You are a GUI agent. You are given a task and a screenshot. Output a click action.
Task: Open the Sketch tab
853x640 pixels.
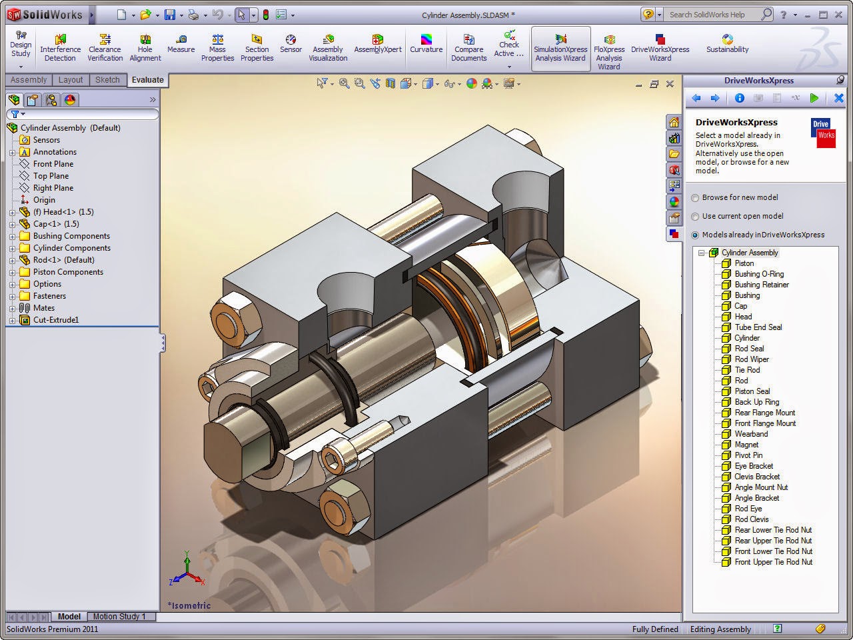pyautogui.click(x=107, y=80)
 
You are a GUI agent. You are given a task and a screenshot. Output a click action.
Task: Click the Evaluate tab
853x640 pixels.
pyautogui.click(x=147, y=80)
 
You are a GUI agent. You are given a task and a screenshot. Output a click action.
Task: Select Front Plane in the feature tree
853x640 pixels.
pyautogui.click(x=53, y=164)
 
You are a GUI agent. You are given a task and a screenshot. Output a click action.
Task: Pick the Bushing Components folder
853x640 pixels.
pyautogui.click(x=71, y=236)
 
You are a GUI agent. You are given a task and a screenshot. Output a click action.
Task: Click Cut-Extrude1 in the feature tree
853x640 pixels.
pyautogui.click(x=56, y=320)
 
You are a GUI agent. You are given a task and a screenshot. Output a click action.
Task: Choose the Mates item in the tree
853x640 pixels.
pyautogui.click(x=44, y=308)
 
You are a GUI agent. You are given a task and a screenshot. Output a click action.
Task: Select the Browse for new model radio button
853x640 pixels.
pyautogui.click(x=696, y=198)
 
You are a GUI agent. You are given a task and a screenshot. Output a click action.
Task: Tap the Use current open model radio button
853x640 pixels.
pyautogui.click(x=696, y=217)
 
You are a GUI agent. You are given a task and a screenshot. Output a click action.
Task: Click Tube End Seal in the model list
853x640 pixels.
pyautogui.click(x=758, y=327)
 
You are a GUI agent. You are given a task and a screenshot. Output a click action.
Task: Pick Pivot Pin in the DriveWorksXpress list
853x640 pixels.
pyautogui.click(x=748, y=455)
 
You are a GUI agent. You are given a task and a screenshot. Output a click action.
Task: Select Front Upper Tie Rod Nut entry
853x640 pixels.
pyautogui.click(x=773, y=562)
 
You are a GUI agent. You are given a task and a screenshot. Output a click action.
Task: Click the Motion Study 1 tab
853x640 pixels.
pyautogui.click(x=119, y=617)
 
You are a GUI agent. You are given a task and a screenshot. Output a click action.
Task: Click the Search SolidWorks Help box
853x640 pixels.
pyautogui.click(x=713, y=14)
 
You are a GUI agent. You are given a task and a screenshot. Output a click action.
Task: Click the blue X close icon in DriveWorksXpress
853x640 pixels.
pyautogui.click(x=838, y=98)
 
